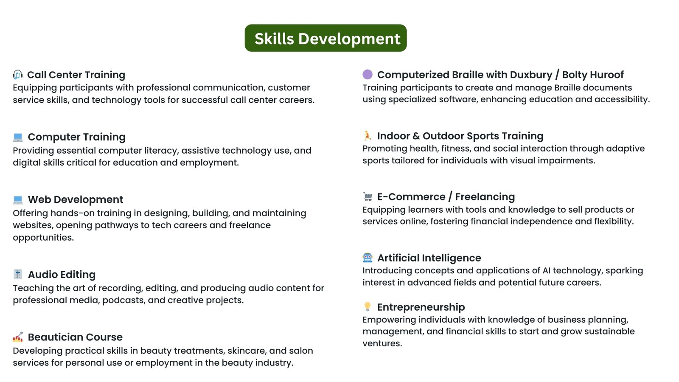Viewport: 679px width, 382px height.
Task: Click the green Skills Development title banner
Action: [x=325, y=38]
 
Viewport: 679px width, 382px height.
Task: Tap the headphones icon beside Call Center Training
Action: [x=17, y=75]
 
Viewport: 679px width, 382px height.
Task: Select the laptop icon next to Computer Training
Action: [x=18, y=138]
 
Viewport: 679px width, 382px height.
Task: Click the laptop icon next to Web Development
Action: [x=18, y=200]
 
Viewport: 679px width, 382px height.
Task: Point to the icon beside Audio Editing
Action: [x=18, y=274]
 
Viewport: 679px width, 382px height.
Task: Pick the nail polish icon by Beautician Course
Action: [x=18, y=337]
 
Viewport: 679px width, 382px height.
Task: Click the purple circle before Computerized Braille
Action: [x=368, y=74]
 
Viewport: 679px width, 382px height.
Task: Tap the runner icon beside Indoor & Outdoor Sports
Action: [x=368, y=135]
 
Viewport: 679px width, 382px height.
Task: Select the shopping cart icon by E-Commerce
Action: [x=368, y=197]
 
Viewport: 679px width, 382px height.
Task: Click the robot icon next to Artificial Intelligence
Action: [x=368, y=258]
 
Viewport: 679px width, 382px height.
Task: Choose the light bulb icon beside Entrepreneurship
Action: [x=368, y=307]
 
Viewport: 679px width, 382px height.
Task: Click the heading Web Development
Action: [x=76, y=199]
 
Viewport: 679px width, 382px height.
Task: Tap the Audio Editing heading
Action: [x=62, y=275]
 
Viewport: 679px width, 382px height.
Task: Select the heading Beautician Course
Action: [x=75, y=337]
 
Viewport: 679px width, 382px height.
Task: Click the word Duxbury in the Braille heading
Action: [x=531, y=75]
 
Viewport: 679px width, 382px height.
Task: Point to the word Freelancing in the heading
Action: [x=485, y=197]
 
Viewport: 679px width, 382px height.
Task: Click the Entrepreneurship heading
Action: [x=421, y=307]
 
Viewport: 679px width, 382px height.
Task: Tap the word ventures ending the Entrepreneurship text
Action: [x=382, y=344]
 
